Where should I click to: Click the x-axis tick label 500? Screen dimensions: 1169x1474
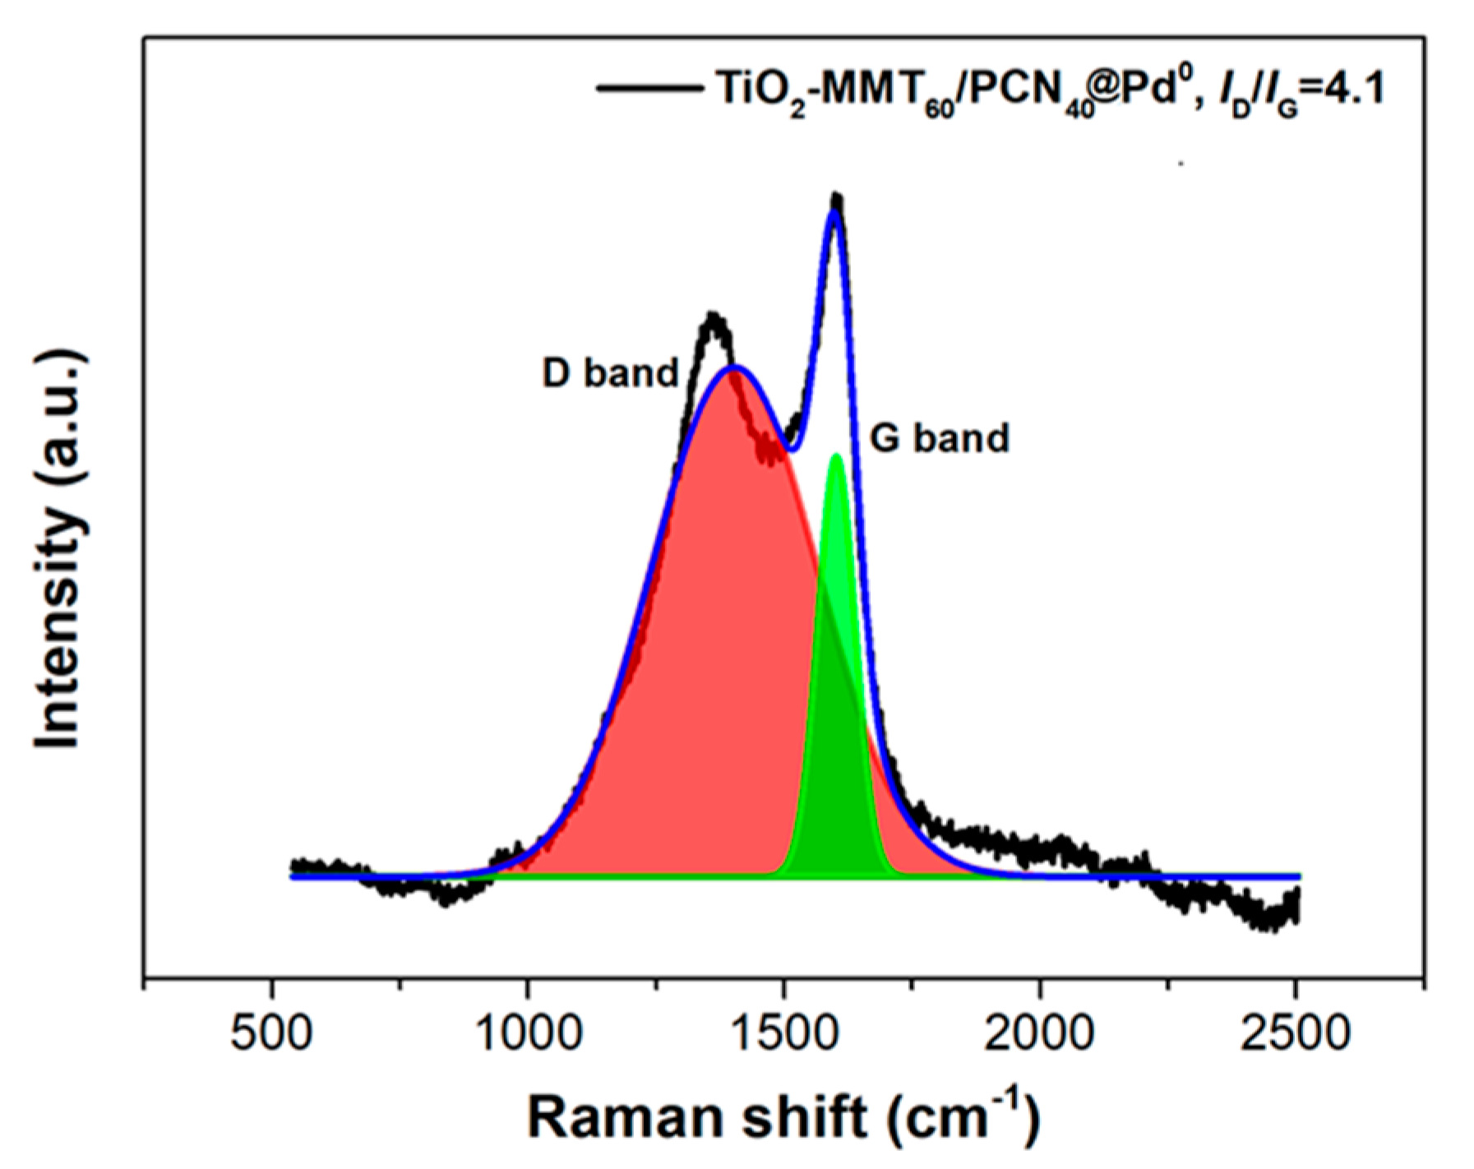[271, 1032]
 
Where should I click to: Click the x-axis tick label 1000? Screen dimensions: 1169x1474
[529, 1032]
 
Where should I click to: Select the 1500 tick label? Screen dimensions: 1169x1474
[783, 1032]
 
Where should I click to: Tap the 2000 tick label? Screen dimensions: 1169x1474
[1039, 1032]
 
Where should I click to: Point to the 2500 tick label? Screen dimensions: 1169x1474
[1296, 1032]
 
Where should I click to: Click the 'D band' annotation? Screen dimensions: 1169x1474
[610, 373]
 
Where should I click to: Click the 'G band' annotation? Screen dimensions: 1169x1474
[939, 438]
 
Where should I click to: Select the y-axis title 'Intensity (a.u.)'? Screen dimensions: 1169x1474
[59, 549]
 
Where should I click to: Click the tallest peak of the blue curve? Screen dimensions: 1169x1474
[835, 211]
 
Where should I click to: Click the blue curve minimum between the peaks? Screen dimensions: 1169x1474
[790, 449]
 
